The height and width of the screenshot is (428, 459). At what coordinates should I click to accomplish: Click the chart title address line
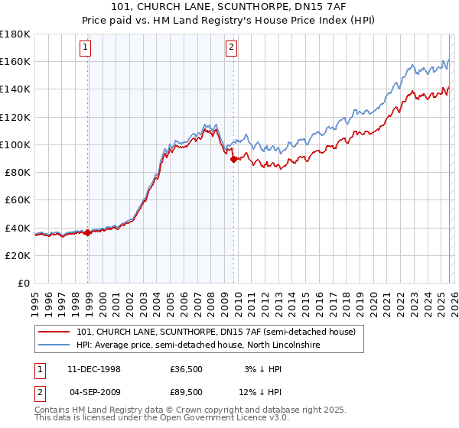(229, 7)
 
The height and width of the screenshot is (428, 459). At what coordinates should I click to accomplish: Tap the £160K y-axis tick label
(15, 61)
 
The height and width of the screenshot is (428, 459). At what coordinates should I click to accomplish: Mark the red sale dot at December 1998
(88, 232)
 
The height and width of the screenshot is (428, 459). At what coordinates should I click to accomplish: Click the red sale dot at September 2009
(233, 159)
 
